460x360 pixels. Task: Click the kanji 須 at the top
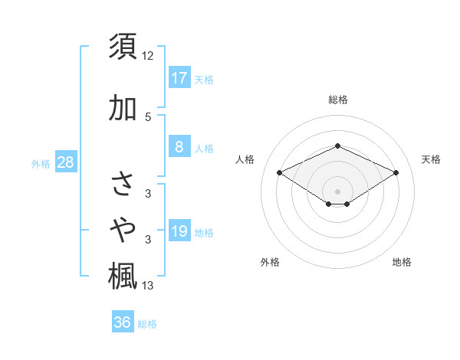[x=123, y=47]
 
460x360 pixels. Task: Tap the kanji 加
[x=123, y=108]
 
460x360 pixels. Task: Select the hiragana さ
[x=123, y=185]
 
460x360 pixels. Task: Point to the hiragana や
[x=123, y=228]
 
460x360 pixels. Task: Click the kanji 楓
[x=123, y=277]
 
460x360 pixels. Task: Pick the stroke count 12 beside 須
[x=148, y=55]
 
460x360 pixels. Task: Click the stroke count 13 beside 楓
[x=148, y=286]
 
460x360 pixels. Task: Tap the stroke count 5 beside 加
[x=148, y=116]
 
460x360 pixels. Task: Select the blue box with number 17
[x=179, y=77]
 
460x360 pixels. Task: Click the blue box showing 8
[x=179, y=147]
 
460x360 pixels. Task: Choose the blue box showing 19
[x=179, y=231]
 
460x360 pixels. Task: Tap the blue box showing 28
[x=65, y=162]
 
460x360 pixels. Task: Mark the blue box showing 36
[x=123, y=322]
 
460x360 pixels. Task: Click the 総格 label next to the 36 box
[x=148, y=324]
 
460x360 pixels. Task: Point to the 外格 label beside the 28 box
[x=41, y=164]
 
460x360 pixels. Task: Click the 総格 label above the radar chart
[x=337, y=100]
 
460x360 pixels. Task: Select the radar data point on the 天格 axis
[x=396, y=172]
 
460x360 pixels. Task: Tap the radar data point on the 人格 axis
[x=280, y=172]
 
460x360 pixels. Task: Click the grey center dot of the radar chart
[x=337, y=191]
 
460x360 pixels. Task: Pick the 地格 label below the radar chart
[x=402, y=262]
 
